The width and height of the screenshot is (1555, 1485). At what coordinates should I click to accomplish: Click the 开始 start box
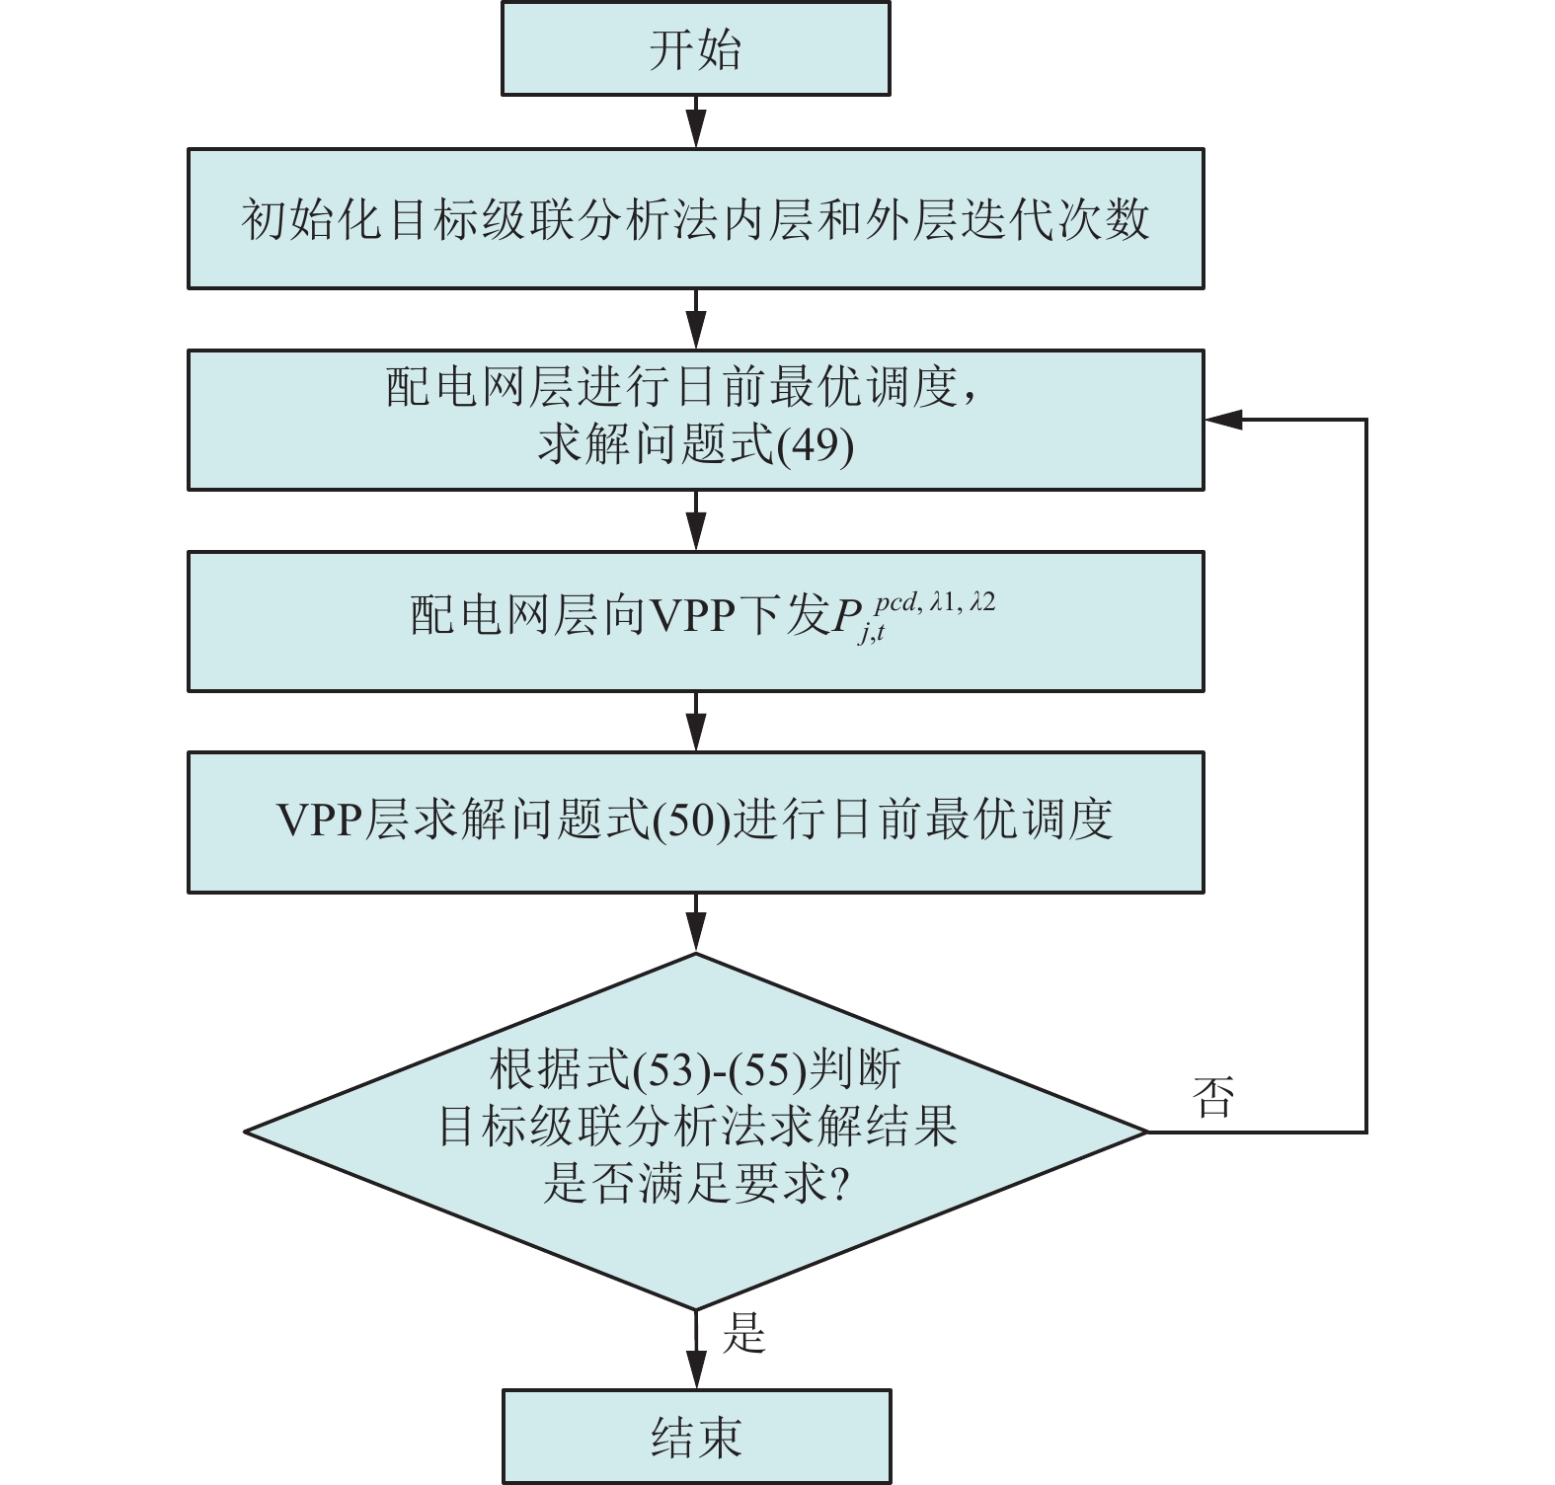tap(695, 48)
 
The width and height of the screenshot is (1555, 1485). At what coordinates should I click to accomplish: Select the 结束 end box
tap(696, 1437)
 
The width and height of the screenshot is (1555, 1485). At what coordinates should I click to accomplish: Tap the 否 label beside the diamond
tap(1213, 1096)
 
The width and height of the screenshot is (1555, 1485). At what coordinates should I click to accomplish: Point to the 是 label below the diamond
tap(743, 1333)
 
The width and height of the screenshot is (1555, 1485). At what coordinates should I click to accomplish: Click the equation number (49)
tap(816, 445)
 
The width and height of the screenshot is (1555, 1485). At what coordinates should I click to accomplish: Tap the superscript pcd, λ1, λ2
tap(934, 601)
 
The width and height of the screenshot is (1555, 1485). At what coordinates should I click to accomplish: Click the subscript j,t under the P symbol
tap(872, 634)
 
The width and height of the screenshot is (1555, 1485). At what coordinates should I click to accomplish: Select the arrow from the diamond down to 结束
tap(696, 1351)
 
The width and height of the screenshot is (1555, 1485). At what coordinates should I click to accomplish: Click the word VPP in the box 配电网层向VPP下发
tap(694, 615)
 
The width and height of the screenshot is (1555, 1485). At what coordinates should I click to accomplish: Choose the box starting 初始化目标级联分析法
tap(695, 218)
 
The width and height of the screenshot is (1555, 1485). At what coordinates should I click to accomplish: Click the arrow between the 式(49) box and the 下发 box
tap(696, 520)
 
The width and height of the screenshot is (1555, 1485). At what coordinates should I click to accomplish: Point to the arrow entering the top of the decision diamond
tap(696, 923)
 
